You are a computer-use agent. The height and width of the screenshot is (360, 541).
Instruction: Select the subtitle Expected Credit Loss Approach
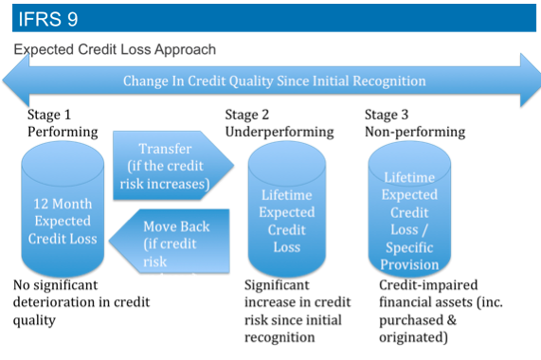coord(115,49)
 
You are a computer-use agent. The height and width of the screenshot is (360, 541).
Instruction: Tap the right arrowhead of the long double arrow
coord(526,80)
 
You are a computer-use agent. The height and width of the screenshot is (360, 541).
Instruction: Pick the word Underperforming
coord(280,132)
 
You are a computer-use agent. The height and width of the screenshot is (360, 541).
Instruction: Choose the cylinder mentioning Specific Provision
coord(409,213)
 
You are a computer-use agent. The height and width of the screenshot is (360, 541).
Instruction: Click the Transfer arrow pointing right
coord(171,166)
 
